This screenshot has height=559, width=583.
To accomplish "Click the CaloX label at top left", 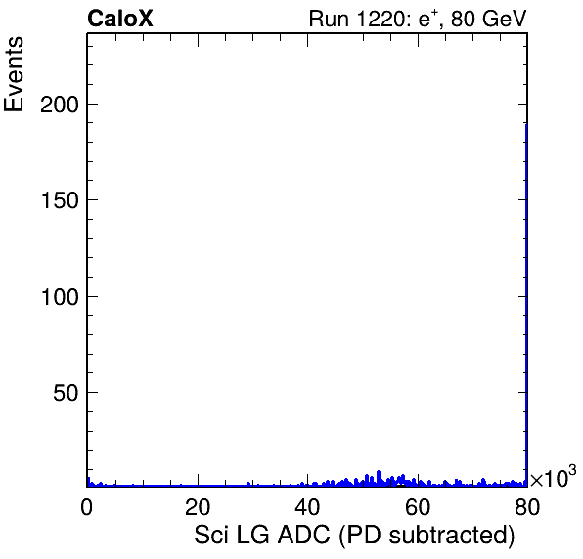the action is pyautogui.click(x=120, y=19).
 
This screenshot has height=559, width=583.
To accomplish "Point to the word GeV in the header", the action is pyautogui.click(x=504, y=19).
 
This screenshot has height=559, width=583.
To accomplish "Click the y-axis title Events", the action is pyautogui.click(x=14, y=74).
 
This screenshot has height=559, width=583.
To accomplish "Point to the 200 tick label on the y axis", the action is pyautogui.click(x=60, y=105).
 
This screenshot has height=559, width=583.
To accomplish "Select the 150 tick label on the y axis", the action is pyautogui.click(x=60, y=200).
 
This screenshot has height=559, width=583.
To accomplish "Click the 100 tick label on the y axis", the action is pyautogui.click(x=60, y=297).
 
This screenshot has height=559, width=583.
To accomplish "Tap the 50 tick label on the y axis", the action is pyautogui.click(x=66, y=393).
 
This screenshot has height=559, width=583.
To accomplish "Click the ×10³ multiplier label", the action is pyautogui.click(x=553, y=477).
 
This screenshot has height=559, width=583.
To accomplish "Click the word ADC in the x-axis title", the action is pyautogui.click(x=304, y=535).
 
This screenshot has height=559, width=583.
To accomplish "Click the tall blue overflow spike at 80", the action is pyautogui.click(x=526, y=305).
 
